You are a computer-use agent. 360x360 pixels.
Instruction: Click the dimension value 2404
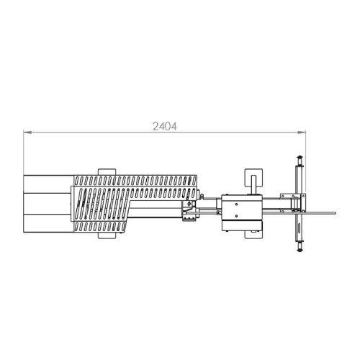point(165,127)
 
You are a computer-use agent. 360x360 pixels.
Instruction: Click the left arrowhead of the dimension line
point(27,132)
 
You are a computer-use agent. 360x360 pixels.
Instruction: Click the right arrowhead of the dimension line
point(302,132)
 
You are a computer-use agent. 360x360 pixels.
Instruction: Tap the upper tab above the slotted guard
point(107,172)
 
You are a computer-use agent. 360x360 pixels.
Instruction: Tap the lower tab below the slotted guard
point(107,235)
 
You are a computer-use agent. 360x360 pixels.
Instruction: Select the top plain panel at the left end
point(49,184)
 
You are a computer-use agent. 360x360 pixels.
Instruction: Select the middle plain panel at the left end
point(48,204)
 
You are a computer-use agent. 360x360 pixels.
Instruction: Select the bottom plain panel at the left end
point(49,223)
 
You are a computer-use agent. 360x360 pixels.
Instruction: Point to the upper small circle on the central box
point(236,204)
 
